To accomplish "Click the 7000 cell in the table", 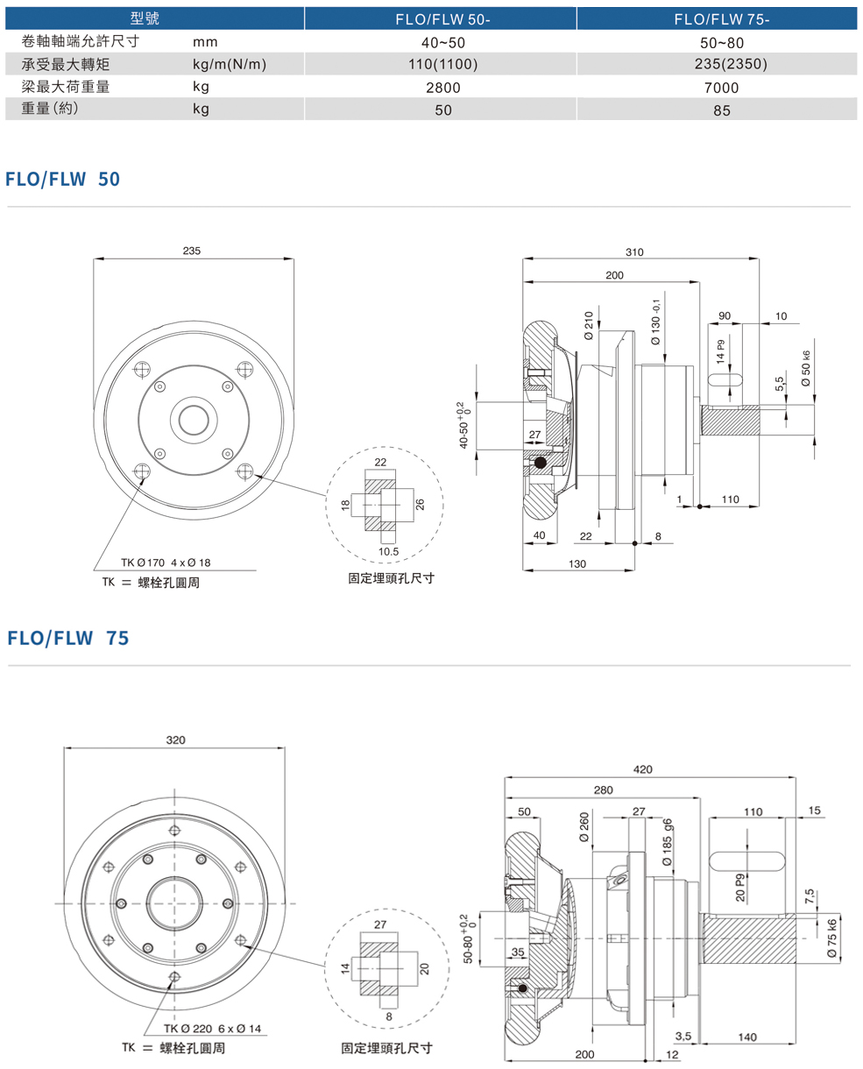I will pyautogui.click(x=720, y=88).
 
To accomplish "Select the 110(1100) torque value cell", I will pyautogui.click(x=442, y=64).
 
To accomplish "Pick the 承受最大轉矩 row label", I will pyautogui.click(x=67, y=64).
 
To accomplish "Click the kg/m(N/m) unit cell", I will pyautogui.click(x=230, y=64).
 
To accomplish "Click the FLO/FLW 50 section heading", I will pyautogui.click(x=63, y=179).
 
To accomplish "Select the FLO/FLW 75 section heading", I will pyautogui.click(x=68, y=638).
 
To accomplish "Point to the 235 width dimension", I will pyautogui.click(x=192, y=251).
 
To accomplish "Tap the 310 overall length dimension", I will pyautogui.click(x=634, y=252).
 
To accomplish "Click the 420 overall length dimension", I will pyautogui.click(x=643, y=770).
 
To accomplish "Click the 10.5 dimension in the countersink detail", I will pyautogui.click(x=388, y=552).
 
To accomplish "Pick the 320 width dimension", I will pyautogui.click(x=175, y=740).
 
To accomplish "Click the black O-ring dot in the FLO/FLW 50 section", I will pyautogui.click(x=541, y=462).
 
